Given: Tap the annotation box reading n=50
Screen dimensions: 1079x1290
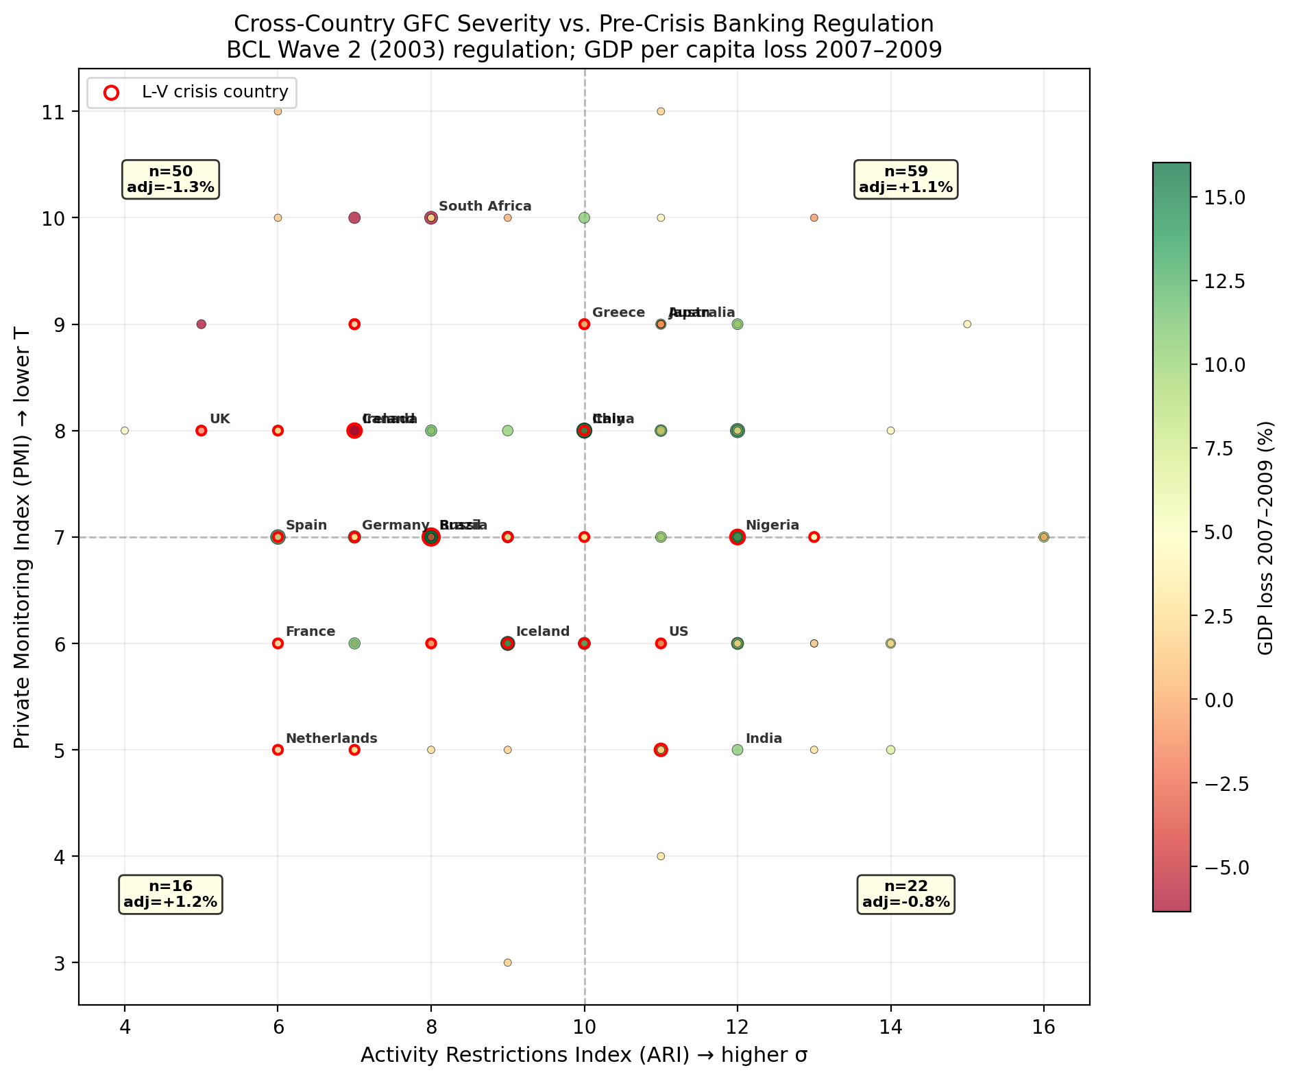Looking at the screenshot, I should [171, 180].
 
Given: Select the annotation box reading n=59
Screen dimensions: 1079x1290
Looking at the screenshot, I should [905, 180].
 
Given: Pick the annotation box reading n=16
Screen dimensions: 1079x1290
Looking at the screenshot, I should [171, 894].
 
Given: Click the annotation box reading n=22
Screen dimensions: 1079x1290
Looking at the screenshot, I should [905, 894].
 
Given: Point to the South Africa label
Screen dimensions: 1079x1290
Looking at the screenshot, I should [485, 206].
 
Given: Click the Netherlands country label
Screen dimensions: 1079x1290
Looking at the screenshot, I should [331, 739].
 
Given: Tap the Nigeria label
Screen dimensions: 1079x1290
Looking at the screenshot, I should [772, 525].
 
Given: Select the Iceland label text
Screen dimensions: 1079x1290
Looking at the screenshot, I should [542, 632].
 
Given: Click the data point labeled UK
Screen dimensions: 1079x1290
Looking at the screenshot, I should [201, 431].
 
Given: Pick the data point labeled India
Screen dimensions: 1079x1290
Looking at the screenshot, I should [738, 750].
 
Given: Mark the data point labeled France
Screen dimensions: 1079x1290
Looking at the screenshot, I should [278, 643].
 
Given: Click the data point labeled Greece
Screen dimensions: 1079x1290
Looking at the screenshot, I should [584, 324].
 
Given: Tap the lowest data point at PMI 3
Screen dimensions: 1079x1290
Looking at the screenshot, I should [507, 962].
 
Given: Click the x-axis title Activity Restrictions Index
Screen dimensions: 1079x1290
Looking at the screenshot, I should [583, 1055].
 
